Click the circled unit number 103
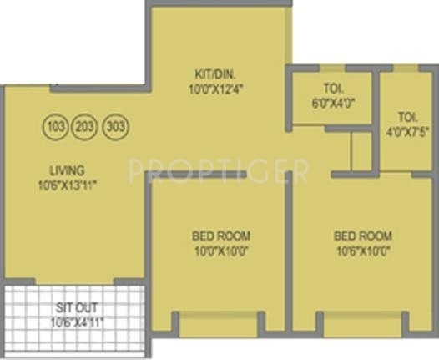(57, 128)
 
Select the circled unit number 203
(85, 128)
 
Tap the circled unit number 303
(114, 128)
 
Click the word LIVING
(67, 170)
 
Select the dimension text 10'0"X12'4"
(214, 88)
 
